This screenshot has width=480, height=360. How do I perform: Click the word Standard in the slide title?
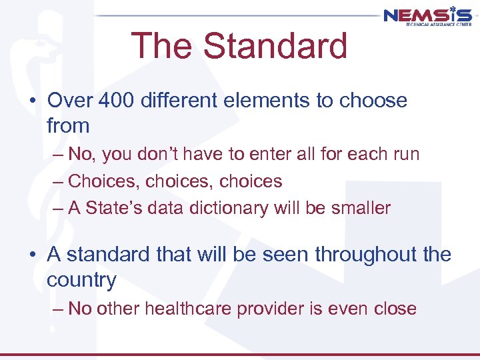[275, 46]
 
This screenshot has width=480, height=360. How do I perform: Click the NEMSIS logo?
[427, 14]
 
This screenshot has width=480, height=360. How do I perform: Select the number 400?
[115, 101]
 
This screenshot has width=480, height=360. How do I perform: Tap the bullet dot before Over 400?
[31, 101]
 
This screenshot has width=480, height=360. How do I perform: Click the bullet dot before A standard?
[31, 255]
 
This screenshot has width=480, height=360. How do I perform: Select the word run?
[406, 154]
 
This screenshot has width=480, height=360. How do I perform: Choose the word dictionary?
[220, 207]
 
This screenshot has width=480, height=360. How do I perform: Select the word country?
[81, 279]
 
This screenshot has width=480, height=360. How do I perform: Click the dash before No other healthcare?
[57, 309]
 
